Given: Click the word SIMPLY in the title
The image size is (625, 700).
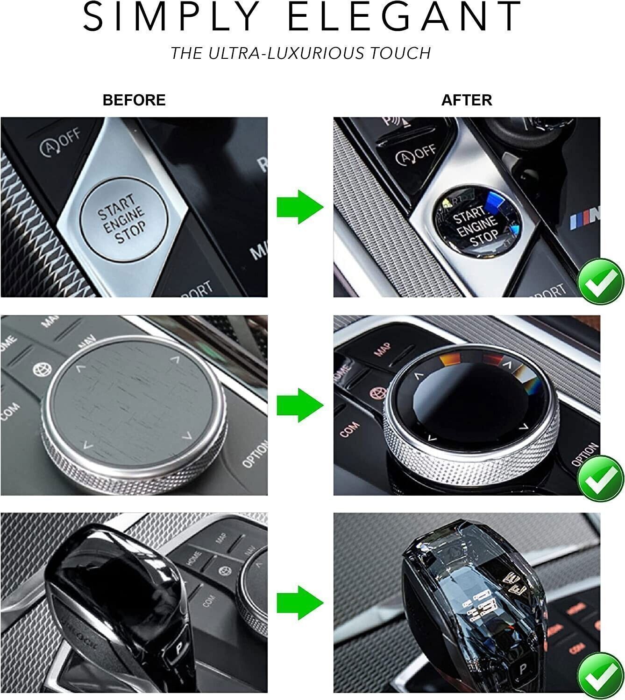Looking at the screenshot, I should (171, 18).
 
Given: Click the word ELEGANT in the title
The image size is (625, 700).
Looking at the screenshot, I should (404, 18).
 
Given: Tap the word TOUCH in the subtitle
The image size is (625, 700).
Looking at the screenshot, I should (400, 53).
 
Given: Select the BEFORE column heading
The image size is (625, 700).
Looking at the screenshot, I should (134, 100).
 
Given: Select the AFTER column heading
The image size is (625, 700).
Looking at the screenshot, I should (467, 100).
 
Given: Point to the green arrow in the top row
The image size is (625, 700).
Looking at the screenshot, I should (300, 207).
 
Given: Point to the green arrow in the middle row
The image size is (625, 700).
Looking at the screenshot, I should (300, 405).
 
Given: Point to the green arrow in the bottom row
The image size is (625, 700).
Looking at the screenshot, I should (300, 603).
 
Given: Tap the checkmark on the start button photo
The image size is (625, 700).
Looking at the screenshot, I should (600, 281).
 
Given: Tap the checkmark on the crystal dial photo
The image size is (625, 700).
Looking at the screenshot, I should (600, 479).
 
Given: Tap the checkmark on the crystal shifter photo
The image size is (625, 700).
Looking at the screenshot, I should (600, 677).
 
